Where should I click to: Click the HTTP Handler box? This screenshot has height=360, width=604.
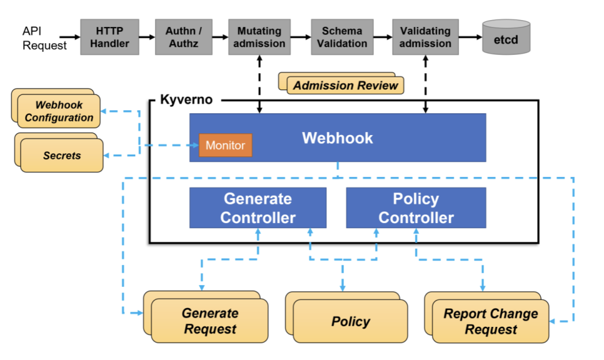coord(109,37)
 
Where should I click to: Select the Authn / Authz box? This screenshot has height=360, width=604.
coord(183,37)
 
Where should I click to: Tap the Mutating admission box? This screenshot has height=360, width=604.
coord(260,37)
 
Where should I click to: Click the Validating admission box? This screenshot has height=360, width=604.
coord(425,37)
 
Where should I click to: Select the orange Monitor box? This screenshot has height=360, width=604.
coord(225,145)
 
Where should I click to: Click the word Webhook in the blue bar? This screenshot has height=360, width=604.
coord(337,138)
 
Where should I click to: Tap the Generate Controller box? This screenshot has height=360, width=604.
coord(258,208)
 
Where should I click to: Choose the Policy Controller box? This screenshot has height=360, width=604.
coord(416,208)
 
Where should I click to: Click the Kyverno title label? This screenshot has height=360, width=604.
coord(186,99)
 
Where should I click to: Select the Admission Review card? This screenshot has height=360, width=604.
coord(346,86)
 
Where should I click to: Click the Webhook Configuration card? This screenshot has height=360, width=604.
coord(58,111)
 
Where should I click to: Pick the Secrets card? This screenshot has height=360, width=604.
coord(62,155)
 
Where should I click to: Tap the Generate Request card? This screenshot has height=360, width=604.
coord(209,320)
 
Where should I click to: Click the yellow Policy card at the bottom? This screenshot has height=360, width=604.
coord(350,321)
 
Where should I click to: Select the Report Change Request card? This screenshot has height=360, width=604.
coord(490,321)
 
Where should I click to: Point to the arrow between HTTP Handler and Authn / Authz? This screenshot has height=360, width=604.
coord(147,37)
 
